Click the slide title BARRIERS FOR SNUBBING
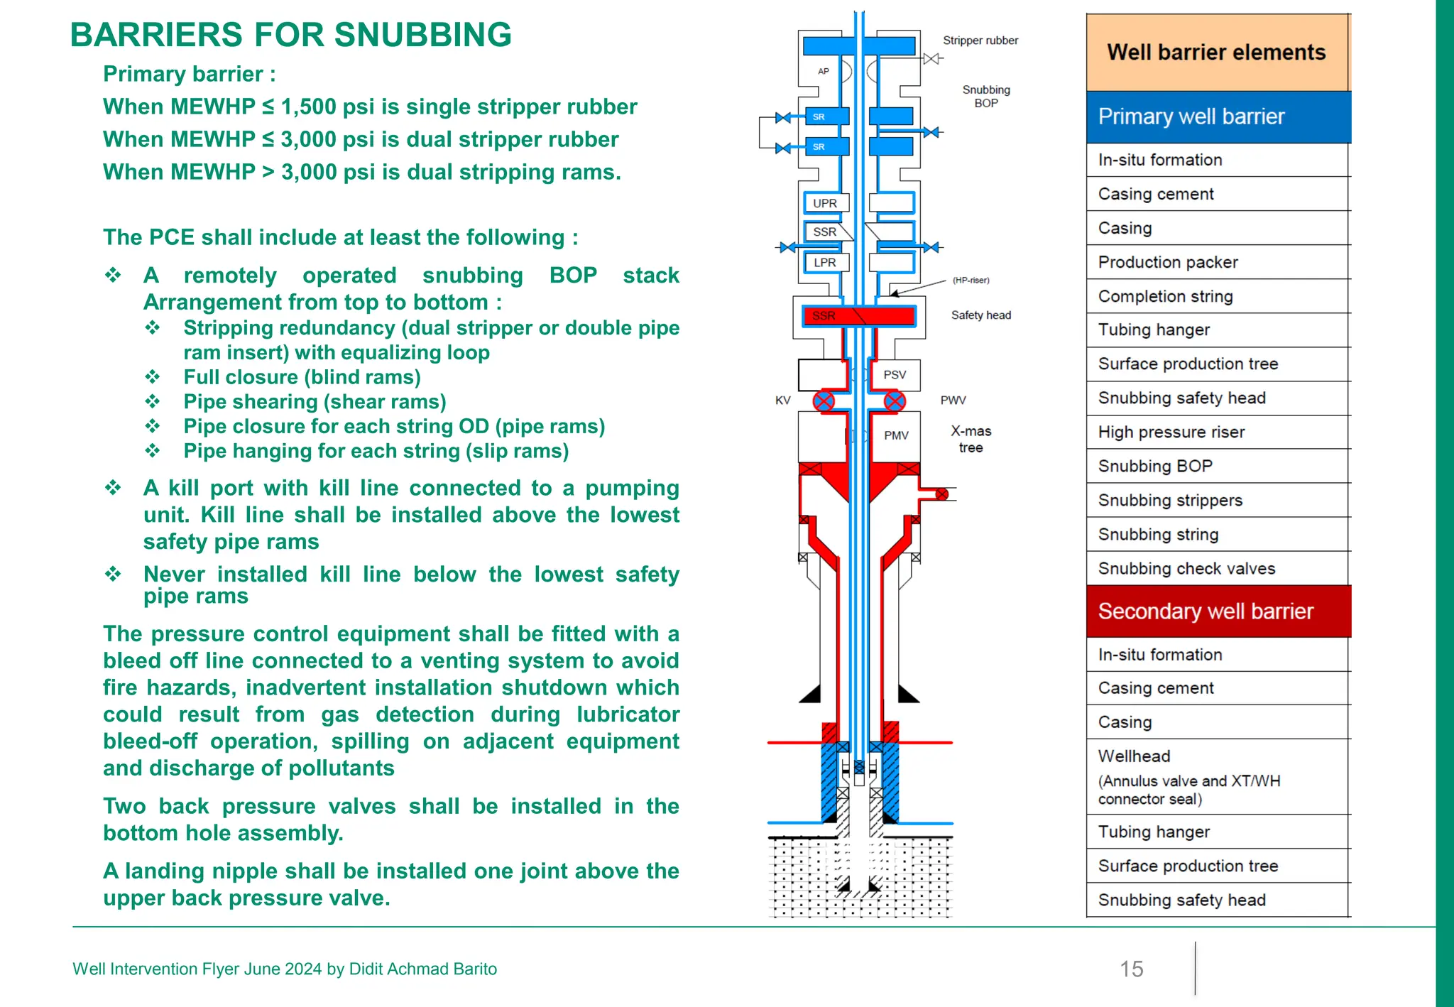291,35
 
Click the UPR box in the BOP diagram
825,203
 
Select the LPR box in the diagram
825,262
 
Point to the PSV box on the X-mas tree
895,375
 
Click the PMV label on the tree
896,435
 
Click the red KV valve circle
824,401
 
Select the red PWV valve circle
895,401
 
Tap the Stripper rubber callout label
980,40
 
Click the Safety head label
981,315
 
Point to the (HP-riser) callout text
971,280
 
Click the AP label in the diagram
824,71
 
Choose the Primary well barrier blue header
1218,116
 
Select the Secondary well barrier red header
1218,611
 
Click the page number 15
1132,969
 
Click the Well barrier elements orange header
1217,53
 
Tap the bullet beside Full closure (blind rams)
153,377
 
